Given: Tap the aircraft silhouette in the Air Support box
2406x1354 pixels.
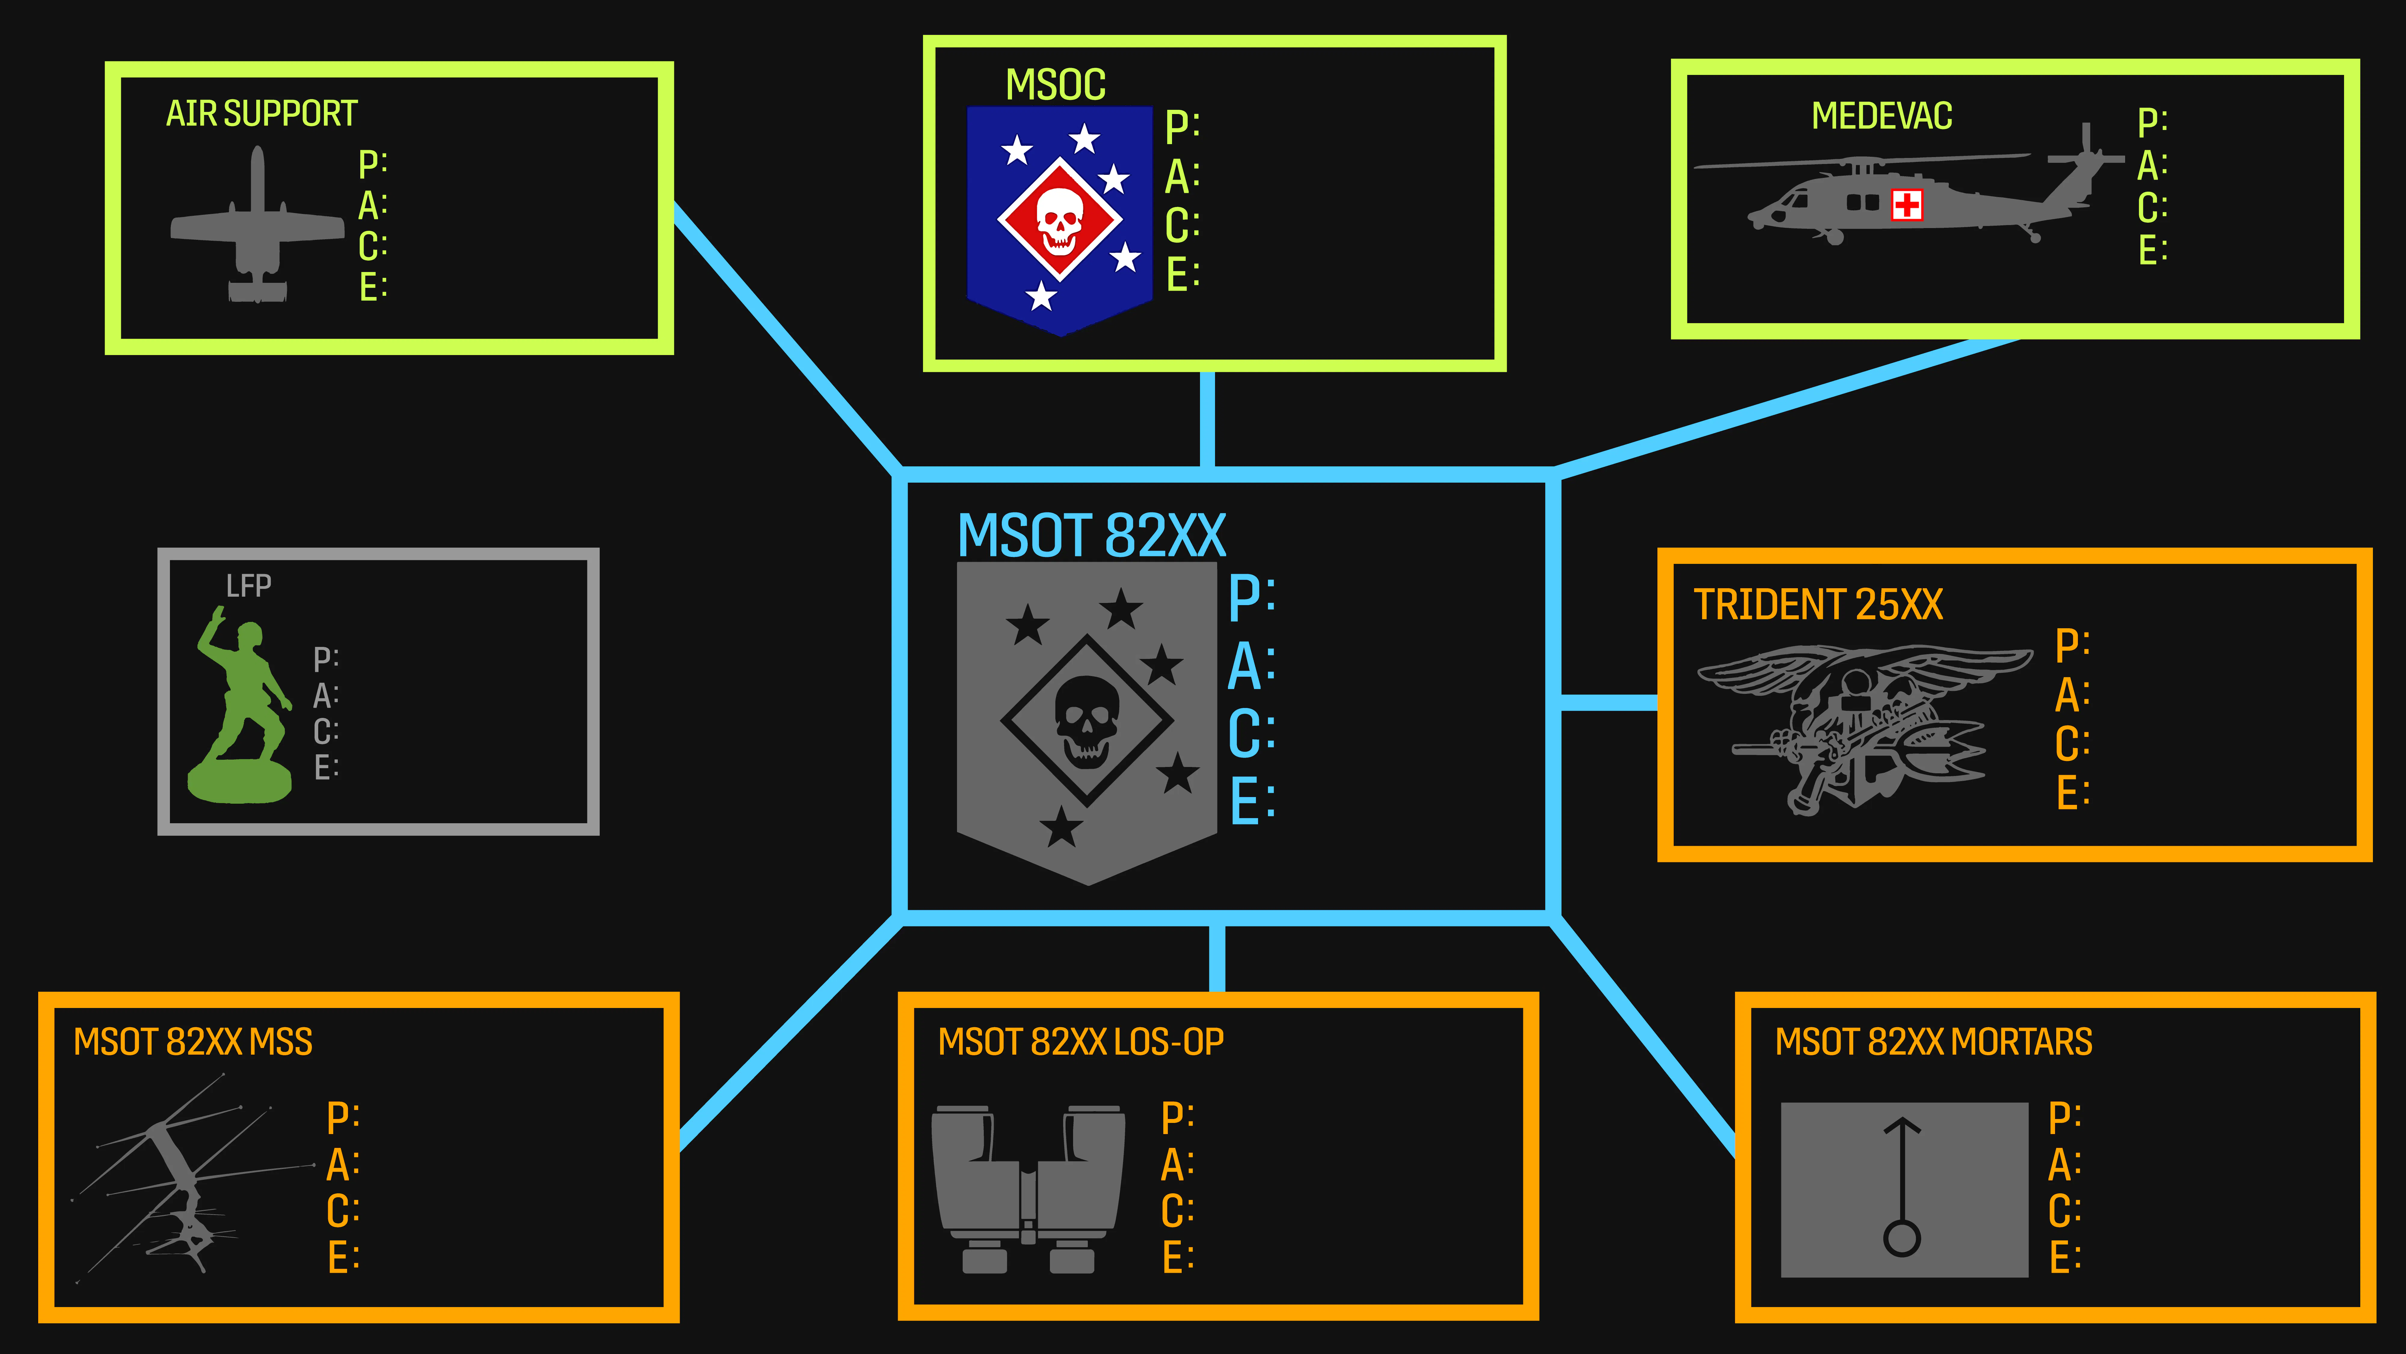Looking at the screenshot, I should [257, 229].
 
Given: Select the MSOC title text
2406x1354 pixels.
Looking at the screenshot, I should [1055, 85].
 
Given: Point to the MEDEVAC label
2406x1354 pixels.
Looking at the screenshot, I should [1881, 116].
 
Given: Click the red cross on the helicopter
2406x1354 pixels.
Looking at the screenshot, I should [1906, 205].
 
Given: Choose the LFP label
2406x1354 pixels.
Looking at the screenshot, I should [248, 586].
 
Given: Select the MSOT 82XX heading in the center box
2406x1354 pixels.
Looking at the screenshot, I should [1091, 536].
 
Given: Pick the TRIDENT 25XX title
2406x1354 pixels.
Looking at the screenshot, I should [1817, 604].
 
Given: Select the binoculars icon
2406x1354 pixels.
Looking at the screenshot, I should [1027, 1189].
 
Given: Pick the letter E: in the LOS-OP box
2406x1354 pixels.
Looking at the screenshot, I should [1177, 1257].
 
